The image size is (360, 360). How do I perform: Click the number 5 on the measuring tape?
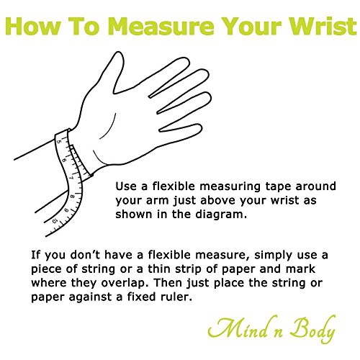pos(59,142)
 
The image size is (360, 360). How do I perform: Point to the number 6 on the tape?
pos(64,160)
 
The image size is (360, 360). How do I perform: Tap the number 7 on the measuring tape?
pos(71,178)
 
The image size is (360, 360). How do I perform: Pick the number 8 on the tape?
pos(72,197)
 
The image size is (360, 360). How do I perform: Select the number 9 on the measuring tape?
pos(66,210)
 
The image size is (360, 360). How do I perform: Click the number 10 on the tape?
pos(55,220)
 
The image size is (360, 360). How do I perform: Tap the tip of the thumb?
pos(118,53)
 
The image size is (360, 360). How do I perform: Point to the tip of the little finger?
pos(201,127)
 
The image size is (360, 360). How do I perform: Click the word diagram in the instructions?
pos(221,215)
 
